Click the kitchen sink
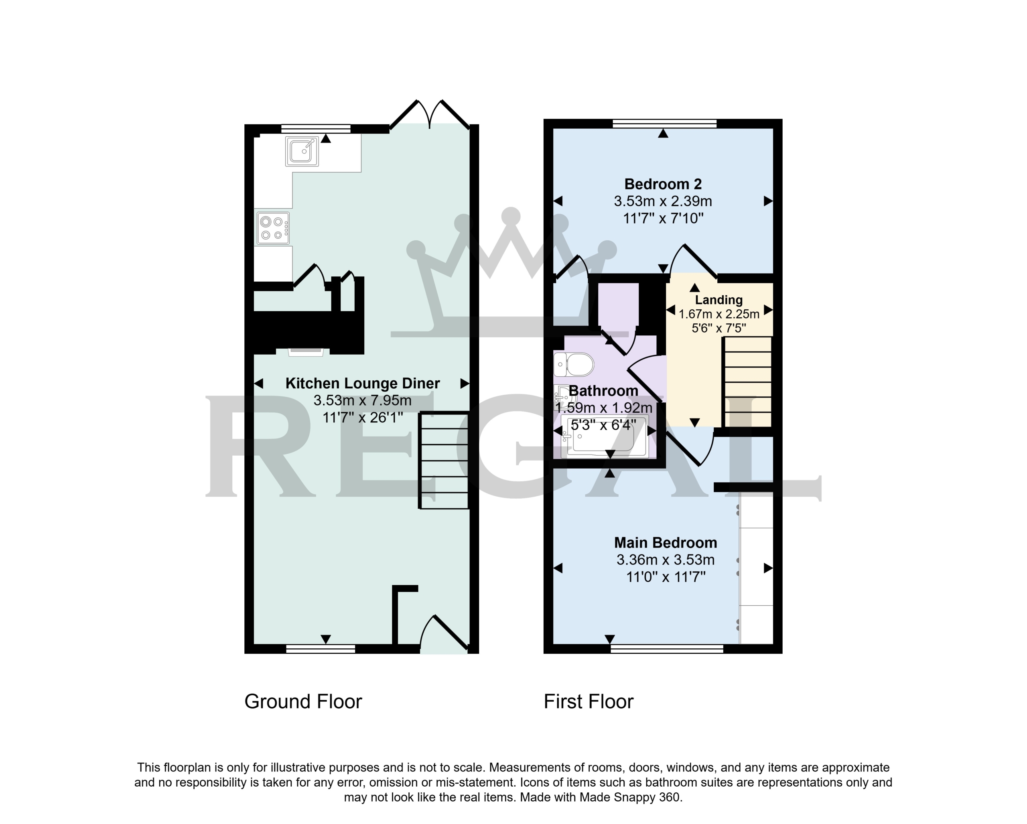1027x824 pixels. (x=302, y=152)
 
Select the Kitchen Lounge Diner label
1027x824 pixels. (x=363, y=384)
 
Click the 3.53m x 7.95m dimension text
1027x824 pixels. (x=363, y=401)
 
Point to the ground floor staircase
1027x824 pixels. (x=444, y=460)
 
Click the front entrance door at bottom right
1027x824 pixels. (x=444, y=633)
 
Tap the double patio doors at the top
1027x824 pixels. (x=430, y=114)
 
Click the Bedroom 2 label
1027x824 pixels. (x=663, y=184)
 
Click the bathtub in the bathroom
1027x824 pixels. (x=605, y=437)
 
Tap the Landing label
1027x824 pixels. (x=719, y=300)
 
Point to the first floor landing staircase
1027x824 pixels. (x=747, y=382)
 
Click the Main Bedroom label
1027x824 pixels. (x=666, y=542)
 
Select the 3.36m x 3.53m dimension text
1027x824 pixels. (x=666, y=560)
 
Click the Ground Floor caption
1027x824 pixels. (x=303, y=702)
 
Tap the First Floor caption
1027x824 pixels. (x=589, y=702)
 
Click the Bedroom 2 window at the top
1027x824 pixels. (x=664, y=124)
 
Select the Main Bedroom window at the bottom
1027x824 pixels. (x=667, y=648)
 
